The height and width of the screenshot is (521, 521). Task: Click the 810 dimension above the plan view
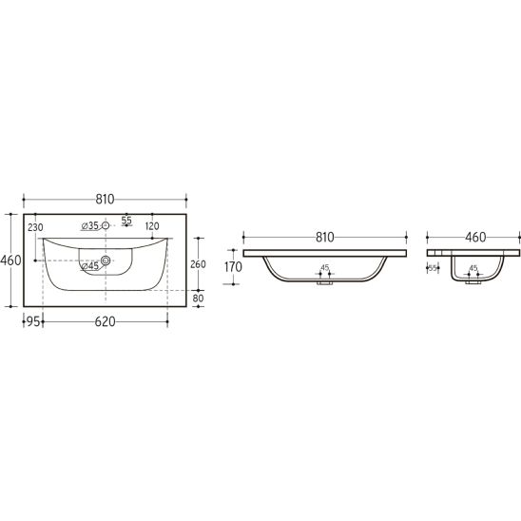[105, 199]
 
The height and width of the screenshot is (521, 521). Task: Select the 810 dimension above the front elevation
[324, 238]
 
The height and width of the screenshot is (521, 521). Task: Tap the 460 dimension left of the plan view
[10, 260]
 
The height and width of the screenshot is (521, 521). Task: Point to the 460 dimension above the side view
[475, 238]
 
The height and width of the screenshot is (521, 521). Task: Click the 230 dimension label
[35, 227]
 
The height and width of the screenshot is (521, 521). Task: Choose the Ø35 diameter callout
[90, 226]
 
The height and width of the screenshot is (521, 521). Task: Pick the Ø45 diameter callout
[90, 266]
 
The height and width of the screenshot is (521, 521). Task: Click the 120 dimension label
[152, 226]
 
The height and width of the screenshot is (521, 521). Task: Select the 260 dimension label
[198, 264]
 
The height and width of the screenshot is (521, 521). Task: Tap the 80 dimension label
[198, 299]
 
